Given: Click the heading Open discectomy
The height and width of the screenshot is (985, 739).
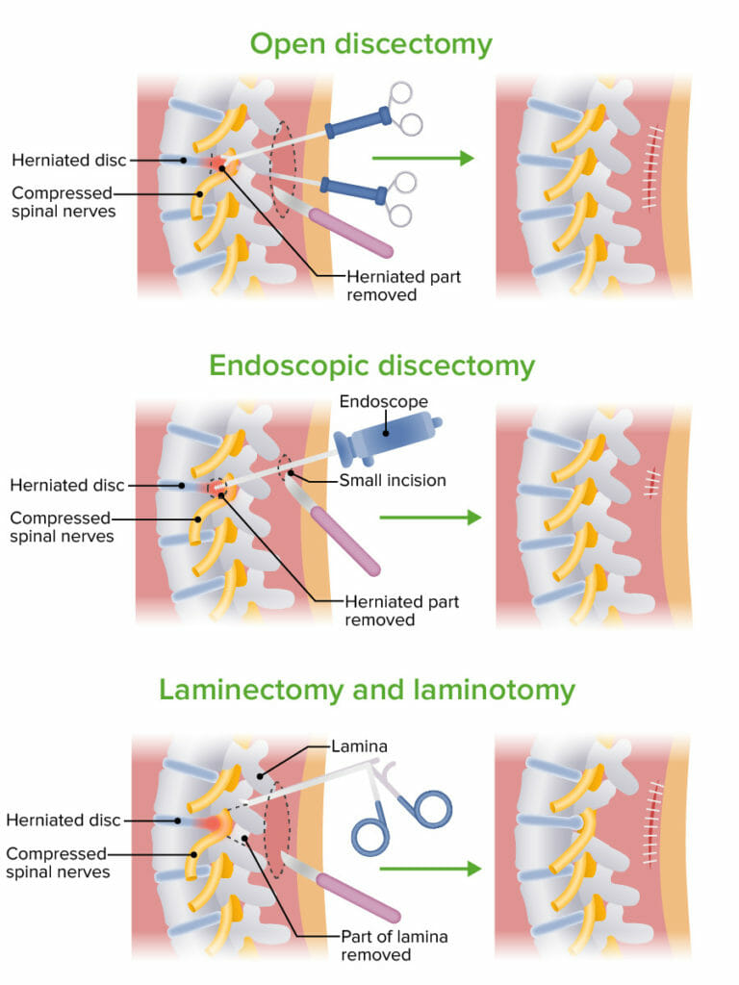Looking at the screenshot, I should [370, 44].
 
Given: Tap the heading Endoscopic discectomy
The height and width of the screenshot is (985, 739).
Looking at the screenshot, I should [370, 366].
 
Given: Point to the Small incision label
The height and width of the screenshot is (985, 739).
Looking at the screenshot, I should [392, 480].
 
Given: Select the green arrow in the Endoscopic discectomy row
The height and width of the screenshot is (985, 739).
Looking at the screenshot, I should [429, 518].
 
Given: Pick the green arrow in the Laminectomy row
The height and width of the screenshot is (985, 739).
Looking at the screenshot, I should [429, 869].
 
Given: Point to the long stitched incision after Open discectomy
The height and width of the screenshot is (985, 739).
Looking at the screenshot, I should [656, 165].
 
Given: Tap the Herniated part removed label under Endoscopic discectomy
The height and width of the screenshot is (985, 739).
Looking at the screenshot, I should [402, 611].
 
